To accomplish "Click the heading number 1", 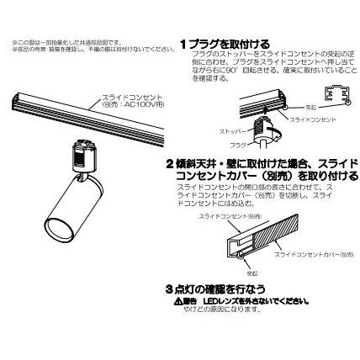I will click(x=183, y=44).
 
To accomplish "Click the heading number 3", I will click(x=169, y=288).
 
